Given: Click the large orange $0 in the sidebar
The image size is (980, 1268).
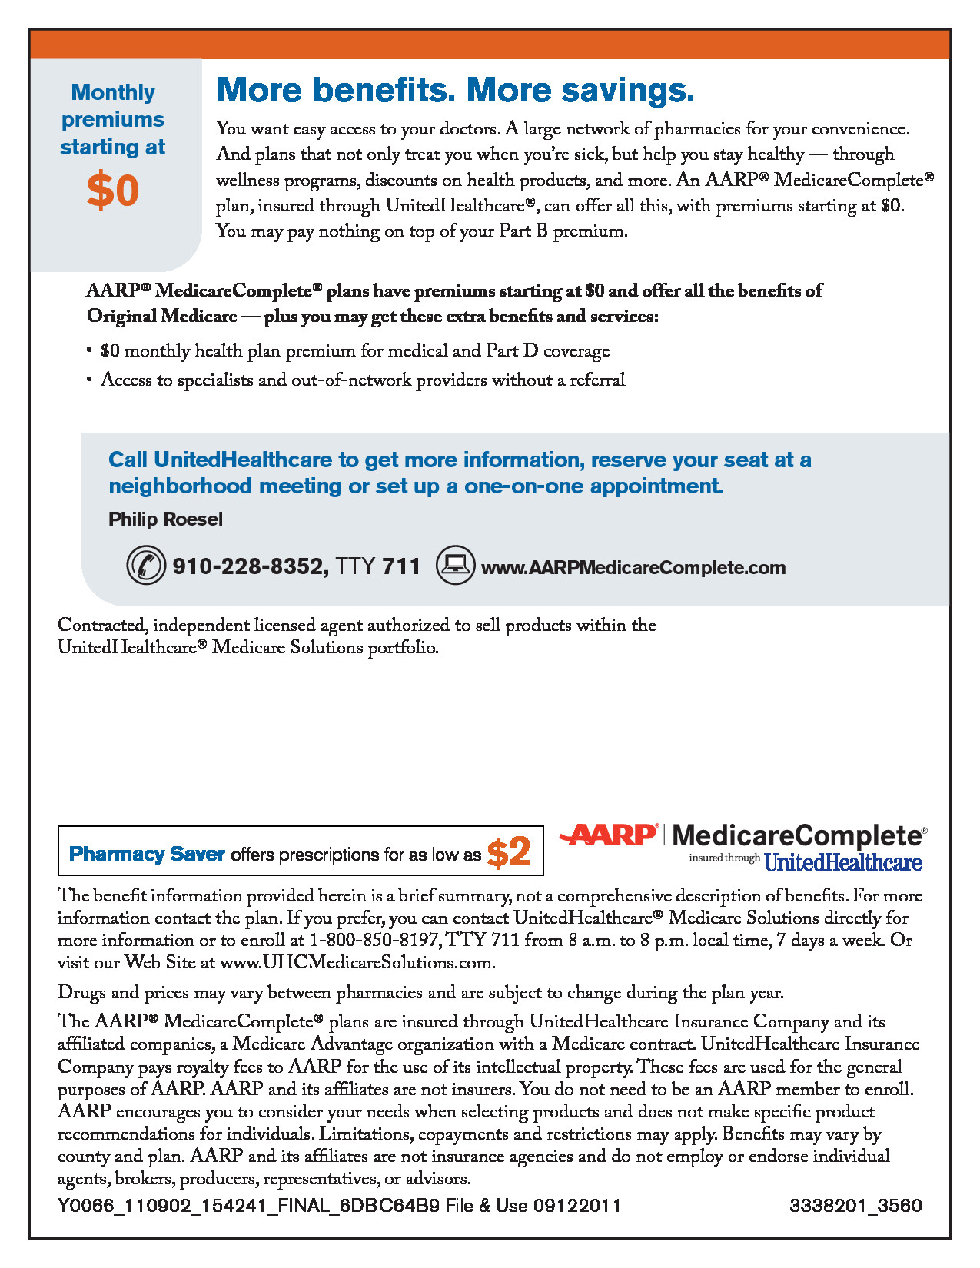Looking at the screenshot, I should click(112, 191).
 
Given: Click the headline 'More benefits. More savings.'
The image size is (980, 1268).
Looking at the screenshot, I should click(455, 90).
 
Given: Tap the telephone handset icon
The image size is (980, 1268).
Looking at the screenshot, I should click(146, 566).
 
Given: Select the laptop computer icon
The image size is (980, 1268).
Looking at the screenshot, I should click(455, 565).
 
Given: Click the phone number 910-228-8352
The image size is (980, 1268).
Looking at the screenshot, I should click(247, 567).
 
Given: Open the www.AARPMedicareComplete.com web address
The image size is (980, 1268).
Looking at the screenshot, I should click(633, 568).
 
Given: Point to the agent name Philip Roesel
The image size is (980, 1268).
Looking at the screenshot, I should click(165, 519).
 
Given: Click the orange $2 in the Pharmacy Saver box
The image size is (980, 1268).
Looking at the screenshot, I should click(509, 852).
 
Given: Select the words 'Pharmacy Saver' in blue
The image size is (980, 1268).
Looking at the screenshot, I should click(147, 854).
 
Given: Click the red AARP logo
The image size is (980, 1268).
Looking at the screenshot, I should click(609, 835).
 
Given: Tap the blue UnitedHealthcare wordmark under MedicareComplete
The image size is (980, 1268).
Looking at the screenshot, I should click(842, 862).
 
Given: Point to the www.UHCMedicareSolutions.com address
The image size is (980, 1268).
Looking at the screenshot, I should click(356, 962).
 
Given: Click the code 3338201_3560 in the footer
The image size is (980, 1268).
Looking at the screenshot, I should click(855, 1205).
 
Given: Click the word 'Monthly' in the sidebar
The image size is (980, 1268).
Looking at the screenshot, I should click(113, 92).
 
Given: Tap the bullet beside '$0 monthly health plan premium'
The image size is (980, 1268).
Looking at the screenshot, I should click(89, 351).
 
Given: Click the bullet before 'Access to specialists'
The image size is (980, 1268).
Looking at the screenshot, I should click(89, 380).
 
